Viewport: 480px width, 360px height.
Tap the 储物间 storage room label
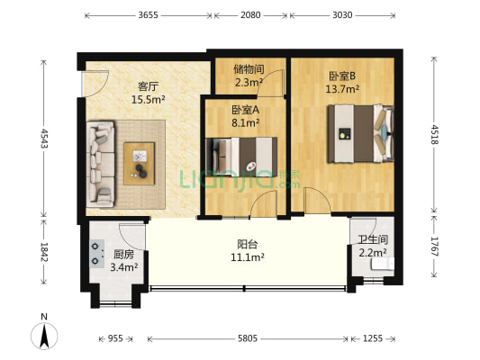(x=248, y=68)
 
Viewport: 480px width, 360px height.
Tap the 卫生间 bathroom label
(x=372, y=239)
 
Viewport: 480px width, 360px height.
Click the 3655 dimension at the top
(x=149, y=15)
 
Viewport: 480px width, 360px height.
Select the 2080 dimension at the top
(x=251, y=15)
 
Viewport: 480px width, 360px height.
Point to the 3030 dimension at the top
(x=340, y=15)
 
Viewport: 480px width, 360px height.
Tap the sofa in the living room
(x=102, y=162)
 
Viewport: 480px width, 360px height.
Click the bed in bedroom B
(x=359, y=133)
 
